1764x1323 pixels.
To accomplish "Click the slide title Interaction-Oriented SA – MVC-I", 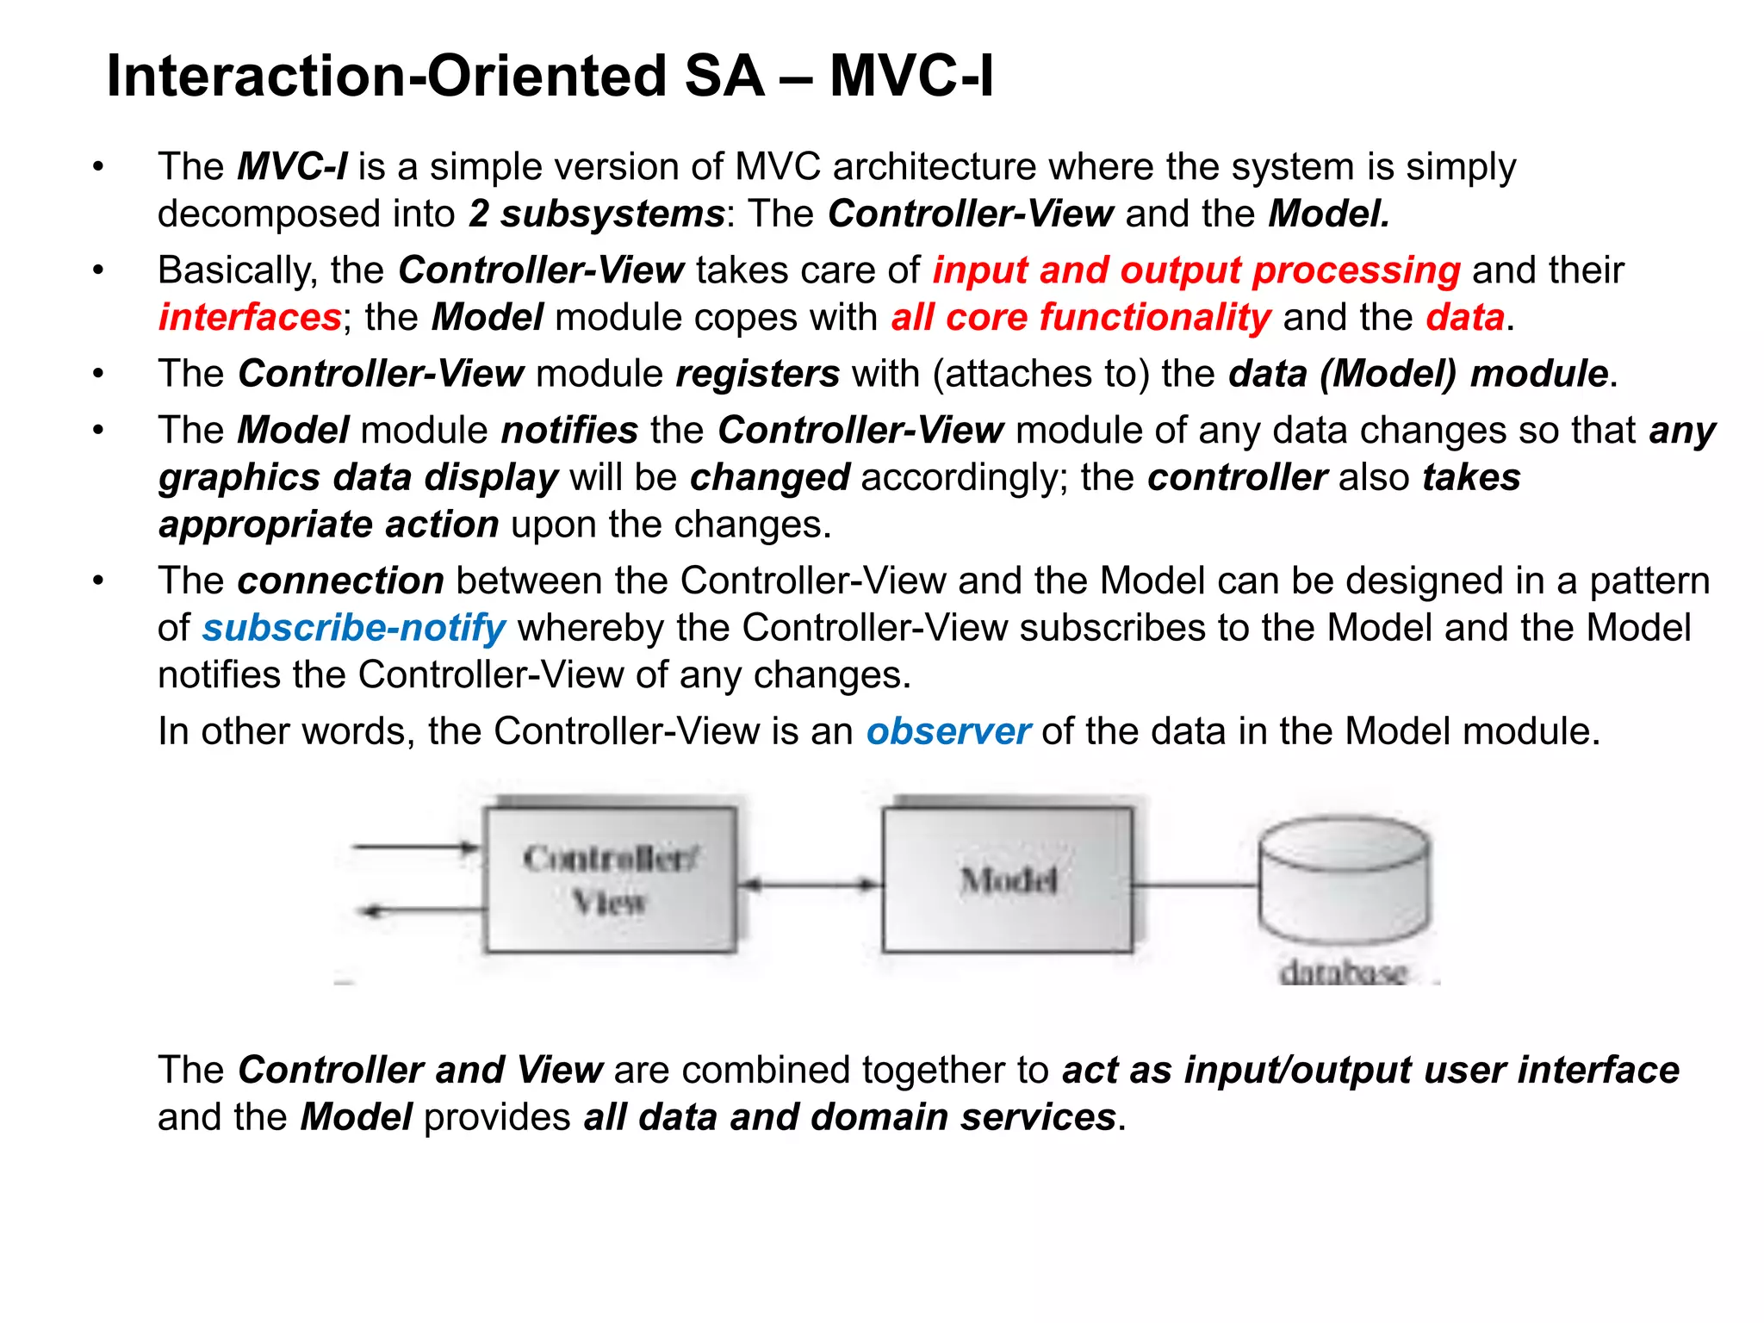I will (550, 76).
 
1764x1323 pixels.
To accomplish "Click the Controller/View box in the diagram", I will (610, 879).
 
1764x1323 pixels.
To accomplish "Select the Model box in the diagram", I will (1007, 879).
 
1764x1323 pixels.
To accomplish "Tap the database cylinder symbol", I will (1344, 883).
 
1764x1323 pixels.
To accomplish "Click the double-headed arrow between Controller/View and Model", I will (810, 885).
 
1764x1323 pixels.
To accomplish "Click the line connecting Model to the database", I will (1196, 885).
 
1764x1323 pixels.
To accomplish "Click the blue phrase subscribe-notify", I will (353, 628).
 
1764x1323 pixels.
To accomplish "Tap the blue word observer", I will (947, 731).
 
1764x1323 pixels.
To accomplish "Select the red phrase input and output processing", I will (1196, 270).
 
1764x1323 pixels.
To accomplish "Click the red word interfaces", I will (250, 318).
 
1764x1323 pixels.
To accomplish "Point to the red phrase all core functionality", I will (1080, 318).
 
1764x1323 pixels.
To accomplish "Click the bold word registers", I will (757, 374).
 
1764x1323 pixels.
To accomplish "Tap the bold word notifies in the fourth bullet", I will (569, 430).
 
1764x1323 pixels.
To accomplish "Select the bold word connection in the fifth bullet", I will (340, 581).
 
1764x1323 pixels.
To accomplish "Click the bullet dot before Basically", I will (99, 270).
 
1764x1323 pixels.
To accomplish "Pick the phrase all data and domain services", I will (849, 1117).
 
